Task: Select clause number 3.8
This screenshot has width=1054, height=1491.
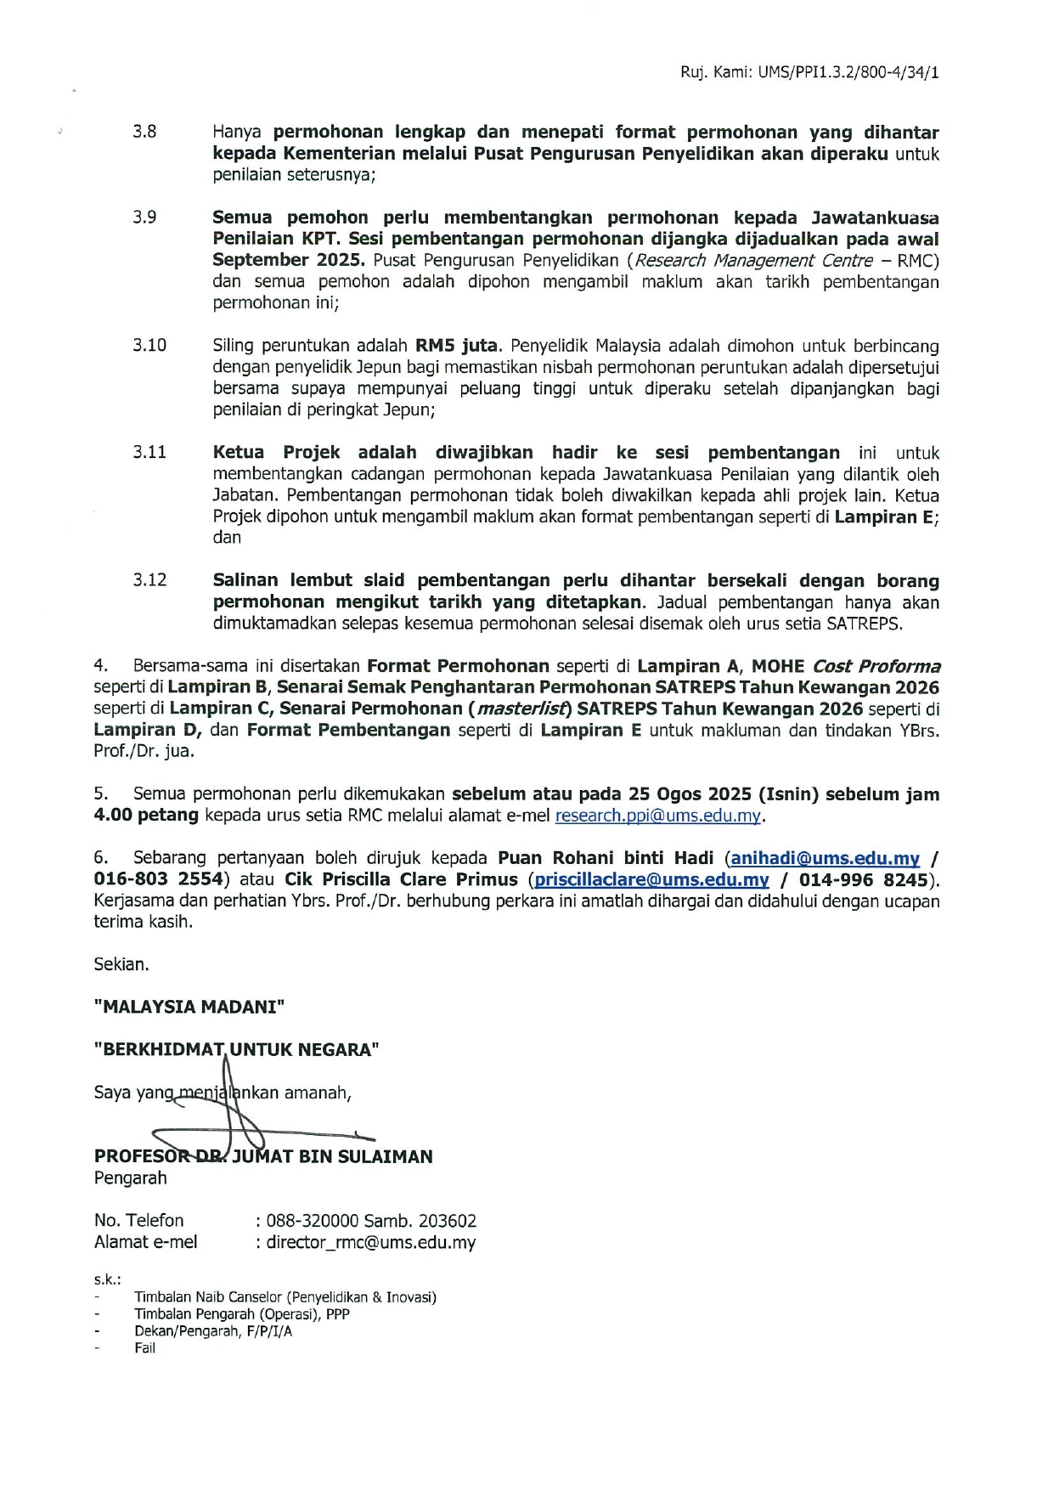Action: tap(144, 133)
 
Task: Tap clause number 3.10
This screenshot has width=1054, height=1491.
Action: tap(149, 346)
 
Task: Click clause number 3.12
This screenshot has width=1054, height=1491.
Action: tap(149, 580)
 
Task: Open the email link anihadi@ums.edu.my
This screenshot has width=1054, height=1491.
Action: tap(825, 858)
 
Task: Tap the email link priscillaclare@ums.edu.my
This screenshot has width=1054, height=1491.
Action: tap(651, 879)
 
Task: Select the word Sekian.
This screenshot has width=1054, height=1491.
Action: tap(121, 964)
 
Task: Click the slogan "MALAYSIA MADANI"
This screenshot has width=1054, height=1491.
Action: tap(189, 1007)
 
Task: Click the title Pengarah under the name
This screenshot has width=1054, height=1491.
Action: tap(130, 1178)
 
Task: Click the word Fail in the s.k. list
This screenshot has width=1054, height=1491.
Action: tap(144, 1347)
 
